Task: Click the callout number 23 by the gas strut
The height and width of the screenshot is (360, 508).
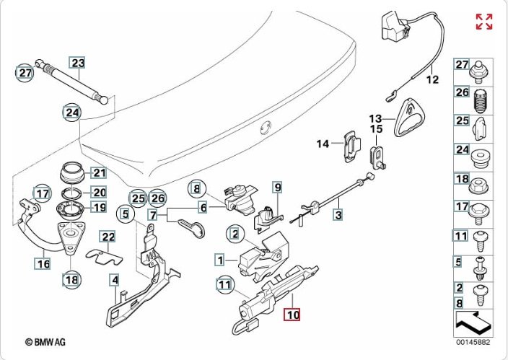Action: click(x=77, y=63)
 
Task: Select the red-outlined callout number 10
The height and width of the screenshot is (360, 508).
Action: click(x=292, y=315)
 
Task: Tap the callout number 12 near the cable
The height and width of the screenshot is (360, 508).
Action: click(x=432, y=80)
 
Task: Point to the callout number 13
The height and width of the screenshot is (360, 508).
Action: click(x=375, y=118)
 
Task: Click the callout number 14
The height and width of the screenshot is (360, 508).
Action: click(x=322, y=144)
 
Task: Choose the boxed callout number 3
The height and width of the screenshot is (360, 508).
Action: click(x=338, y=214)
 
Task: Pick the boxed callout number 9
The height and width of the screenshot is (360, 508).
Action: click(x=276, y=188)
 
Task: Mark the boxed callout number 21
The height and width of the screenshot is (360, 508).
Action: click(x=99, y=172)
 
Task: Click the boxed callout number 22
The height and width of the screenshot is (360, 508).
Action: click(x=108, y=237)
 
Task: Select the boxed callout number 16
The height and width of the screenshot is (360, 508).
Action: click(x=43, y=263)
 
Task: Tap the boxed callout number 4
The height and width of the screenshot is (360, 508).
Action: click(x=115, y=280)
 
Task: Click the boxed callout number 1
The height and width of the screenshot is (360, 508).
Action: click(x=219, y=258)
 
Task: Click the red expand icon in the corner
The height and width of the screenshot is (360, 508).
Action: click(x=484, y=22)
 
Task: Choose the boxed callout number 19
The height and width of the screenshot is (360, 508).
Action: click(x=99, y=208)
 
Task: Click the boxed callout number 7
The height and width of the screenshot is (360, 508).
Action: click(x=153, y=215)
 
